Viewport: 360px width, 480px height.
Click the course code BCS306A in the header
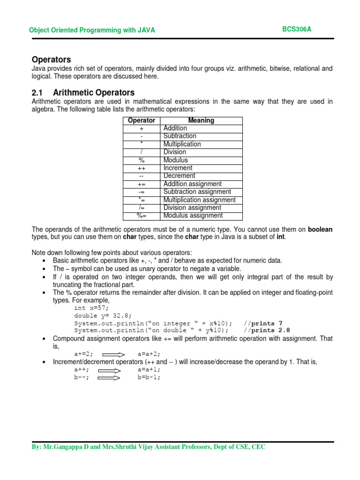tap(296, 29)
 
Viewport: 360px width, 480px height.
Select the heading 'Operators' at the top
tap(51, 60)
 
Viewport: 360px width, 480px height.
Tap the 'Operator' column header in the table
tap(141, 120)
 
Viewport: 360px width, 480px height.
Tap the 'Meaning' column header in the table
tap(201, 120)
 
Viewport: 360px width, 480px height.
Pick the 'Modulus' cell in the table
tap(175, 160)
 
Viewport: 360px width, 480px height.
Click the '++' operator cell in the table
tap(141, 168)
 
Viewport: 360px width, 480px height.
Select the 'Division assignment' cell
tap(192, 208)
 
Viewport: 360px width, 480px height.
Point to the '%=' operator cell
tap(141, 216)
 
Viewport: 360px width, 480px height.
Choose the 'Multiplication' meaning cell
tap(182, 144)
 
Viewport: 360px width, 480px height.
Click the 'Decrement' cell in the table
tap(179, 176)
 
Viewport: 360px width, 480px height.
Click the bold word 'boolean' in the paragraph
tap(320, 229)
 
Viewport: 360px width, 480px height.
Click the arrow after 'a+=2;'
tap(112, 354)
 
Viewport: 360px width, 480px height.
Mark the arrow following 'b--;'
tap(112, 377)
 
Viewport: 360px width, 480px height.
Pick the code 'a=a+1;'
tap(149, 369)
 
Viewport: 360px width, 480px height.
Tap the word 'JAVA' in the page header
tap(146, 30)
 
